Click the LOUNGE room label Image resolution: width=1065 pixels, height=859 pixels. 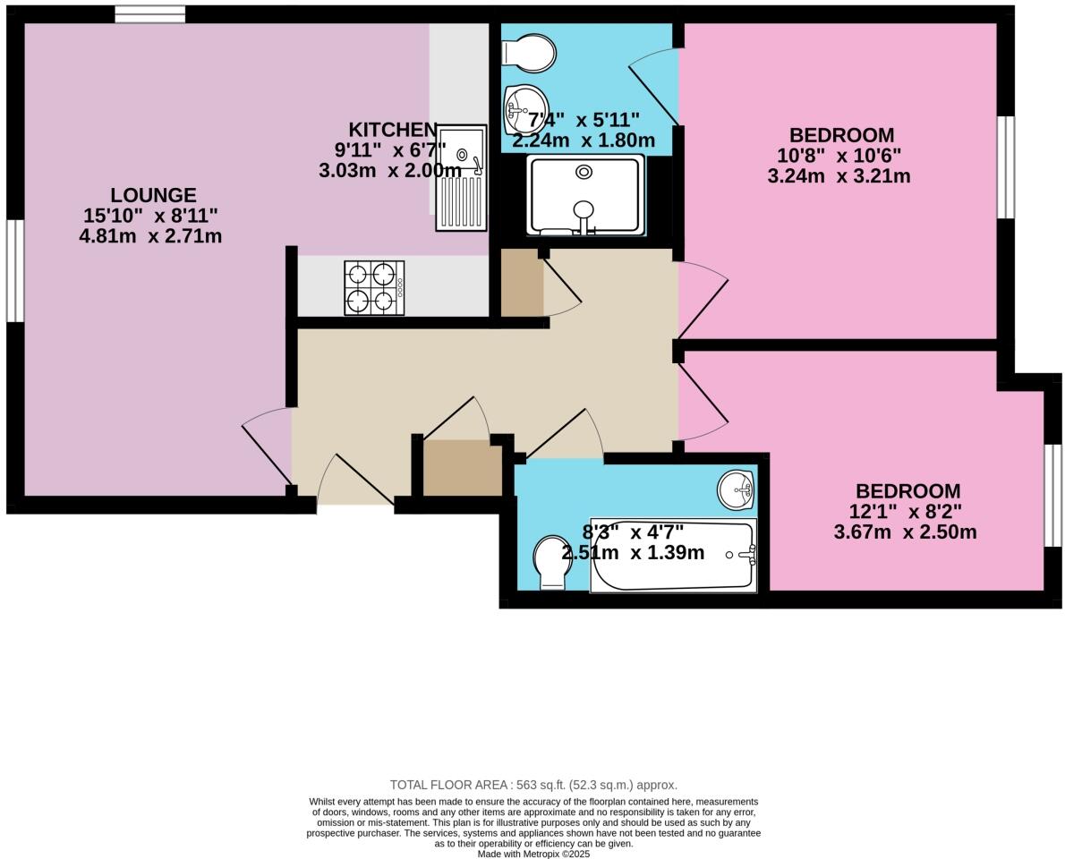pyautogui.click(x=153, y=195)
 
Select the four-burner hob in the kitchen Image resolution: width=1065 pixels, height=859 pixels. pyautogui.click(x=374, y=288)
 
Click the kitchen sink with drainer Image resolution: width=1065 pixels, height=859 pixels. pyautogui.click(x=462, y=177)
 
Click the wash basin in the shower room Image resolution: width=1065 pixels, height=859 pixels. pyautogui.click(x=524, y=104)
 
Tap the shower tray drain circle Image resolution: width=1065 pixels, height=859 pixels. pyautogui.click(x=584, y=171)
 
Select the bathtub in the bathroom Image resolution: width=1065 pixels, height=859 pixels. pyautogui.click(x=673, y=556)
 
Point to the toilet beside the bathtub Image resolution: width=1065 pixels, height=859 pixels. pyautogui.click(x=550, y=563)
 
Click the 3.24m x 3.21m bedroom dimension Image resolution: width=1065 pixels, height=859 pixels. pyautogui.click(x=839, y=176)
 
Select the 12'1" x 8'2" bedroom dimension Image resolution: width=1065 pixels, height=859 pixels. pyautogui.click(x=907, y=513)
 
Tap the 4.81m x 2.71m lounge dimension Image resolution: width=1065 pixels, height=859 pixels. pyautogui.click(x=150, y=237)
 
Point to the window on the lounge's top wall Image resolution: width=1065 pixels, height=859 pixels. pyautogui.click(x=149, y=14)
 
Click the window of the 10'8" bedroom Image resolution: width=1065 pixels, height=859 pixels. pyautogui.click(x=1006, y=167)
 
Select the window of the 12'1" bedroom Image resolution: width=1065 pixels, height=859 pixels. pyautogui.click(x=1053, y=495)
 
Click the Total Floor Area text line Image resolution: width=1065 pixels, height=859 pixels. pyautogui.click(x=533, y=785)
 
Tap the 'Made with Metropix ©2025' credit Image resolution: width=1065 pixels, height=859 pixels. pyautogui.click(x=533, y=854)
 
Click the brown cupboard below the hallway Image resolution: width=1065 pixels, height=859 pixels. pyautogui.click(x=462, y=468)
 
